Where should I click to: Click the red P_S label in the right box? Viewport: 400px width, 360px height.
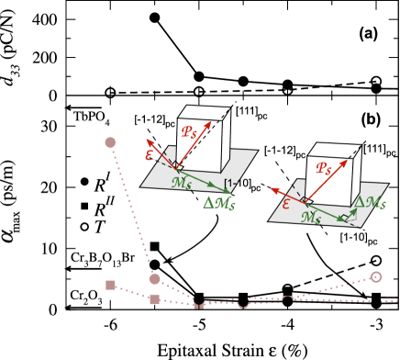pyautogui.click(x=323, y=169)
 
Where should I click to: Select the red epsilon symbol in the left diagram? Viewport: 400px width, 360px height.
pyautogui.click(x=150, y=155)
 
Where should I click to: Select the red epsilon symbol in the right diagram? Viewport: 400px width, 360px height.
pyautogui.click(x=285, y=204)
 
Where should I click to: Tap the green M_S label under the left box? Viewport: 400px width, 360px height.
pyautogui.click(x=182, y=183)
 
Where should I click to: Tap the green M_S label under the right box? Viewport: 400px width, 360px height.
pyautogui.click(x=312, y=219)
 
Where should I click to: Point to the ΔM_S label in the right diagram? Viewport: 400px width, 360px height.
pyautogui.click(x=371, y=203)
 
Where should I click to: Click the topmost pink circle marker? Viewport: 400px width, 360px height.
pyautogui.click(x=110, y=142)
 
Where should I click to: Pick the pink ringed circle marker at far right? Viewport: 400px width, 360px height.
pyautogui.click(x=375, y=276)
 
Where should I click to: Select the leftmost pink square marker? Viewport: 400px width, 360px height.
pyautogui.click(x=110, y=286)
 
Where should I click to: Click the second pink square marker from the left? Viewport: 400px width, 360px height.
pyautogui.click(x=154, y=299)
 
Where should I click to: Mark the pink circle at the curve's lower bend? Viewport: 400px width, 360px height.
pyautogui.click(x=154, y=278)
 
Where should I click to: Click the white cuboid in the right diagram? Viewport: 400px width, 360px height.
pyautogui.click(x=327, y=175)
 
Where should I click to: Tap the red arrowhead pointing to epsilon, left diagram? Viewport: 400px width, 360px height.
pyautogui.click(x=149, y=142)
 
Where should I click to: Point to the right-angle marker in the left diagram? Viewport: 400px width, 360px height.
pyautogui.click(x=174, y=164)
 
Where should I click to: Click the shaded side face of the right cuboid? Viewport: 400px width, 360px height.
pyautogui.click(x=352, y=174)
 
